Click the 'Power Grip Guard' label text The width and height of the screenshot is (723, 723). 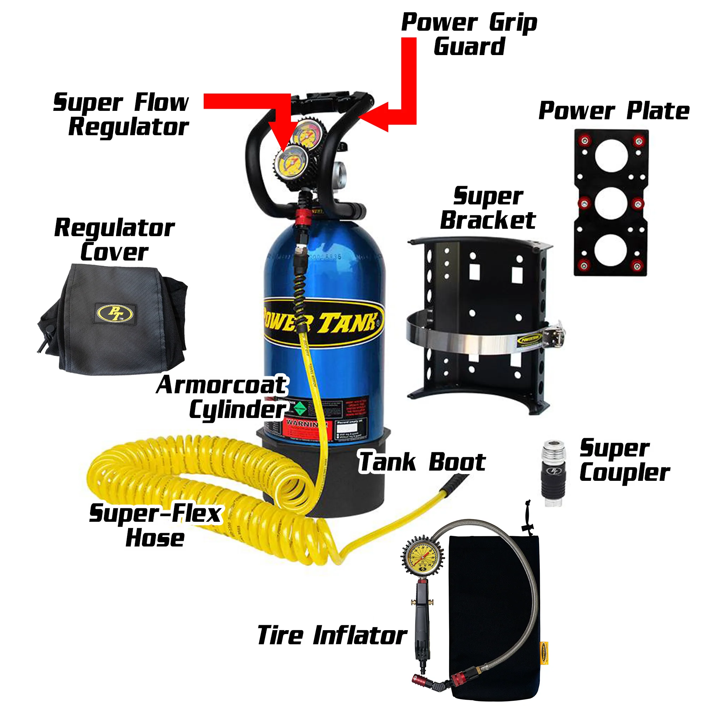pos(469,35)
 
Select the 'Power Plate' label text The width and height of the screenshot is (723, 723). pos(614,111)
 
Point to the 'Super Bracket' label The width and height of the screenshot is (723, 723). pos(488,208)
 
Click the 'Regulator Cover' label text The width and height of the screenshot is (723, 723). pos(114,239)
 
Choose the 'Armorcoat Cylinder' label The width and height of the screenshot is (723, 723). pos(223,398)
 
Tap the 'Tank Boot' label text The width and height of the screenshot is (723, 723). pos(422,462)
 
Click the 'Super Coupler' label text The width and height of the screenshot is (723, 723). pos(624,460)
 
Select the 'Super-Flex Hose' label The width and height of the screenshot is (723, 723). pos(155,525)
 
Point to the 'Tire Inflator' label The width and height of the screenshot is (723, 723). pos(332,636)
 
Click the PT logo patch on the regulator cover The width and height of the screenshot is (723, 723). pos(115,313)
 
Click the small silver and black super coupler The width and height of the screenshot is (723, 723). pos(552,473)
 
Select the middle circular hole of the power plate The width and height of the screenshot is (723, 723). pos(611,203)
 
